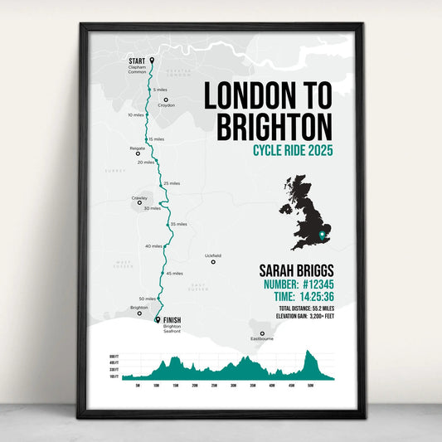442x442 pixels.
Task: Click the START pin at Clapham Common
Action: coord(152,60)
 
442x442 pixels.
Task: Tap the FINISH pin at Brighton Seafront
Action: coord(158,319)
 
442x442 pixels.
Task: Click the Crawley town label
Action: coord(139,197)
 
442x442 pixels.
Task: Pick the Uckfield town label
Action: coord(213,255)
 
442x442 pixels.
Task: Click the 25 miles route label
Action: coord(172,183)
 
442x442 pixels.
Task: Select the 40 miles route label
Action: coord(153,246)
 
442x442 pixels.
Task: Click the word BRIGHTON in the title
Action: coord(274,128)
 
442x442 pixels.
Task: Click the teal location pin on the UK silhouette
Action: coord(323,236)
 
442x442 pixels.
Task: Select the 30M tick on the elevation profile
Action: coord(234,386)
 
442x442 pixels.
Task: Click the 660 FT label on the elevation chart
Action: coord(114,356)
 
